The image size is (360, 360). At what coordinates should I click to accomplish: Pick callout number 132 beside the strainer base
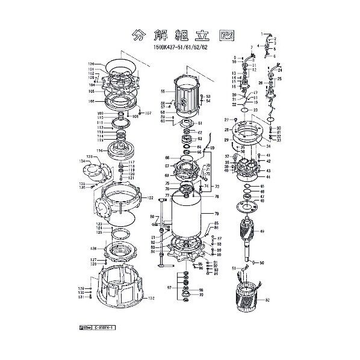(x=151, y=298)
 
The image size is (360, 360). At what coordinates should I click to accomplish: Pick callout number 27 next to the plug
(x=228, y=119)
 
